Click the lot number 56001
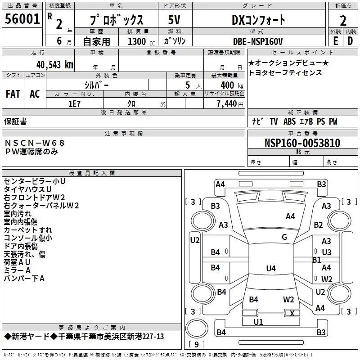pyautogui.click(x=22, y=19)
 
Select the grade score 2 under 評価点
pyautogui.click(x=343, y=21)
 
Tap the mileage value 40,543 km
pyautogui.click(x=55, y=65)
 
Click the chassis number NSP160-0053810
pyautogui.click(x=302, y=143)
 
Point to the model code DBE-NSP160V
pyautogui.click(x=258, y=41)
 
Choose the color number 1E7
pyautogui.click(x=74, y=104)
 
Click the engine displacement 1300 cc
pyautogui.click(x=141, y=41)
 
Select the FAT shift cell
pyautogui.click(x=13, y=94)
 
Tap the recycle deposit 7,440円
pyautogui.click(x=230, y=104)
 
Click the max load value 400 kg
pyautogui.click(x=232, y=85)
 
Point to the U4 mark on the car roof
pyautogui.click(x=271, y=268)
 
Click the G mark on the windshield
pyautogui.click(x=284, y=237)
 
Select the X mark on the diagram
pyautogui.click(x=292, y=313)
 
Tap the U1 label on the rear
pyautogui.click(x=258, y=322)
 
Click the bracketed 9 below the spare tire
pyautogui.click(x=197, y=344)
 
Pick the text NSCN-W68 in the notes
pyautogui.click(x=35, y=143)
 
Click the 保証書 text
pyautogui.click(x=15, y=121)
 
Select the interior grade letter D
pyautogui.click(x=350, y=41)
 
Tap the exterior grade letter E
pyautogui.click(x=336, y=41)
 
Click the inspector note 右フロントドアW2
pyautogui.click(x=35, y=198)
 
